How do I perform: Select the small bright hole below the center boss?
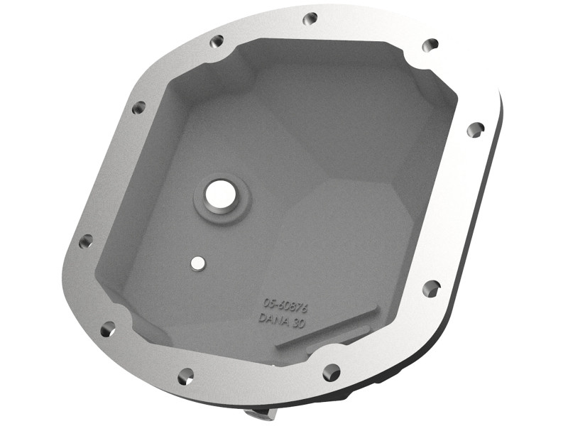pos(197,263)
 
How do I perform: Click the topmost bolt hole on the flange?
pos(310,19)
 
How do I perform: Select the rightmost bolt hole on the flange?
pos(476,129)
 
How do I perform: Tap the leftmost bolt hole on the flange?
pos(84,241)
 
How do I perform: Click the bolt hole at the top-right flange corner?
pos(430,45)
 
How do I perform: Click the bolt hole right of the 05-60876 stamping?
pos(430,288)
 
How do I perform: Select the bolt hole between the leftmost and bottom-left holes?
pos(107,328)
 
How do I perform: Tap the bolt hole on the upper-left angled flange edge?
pos(138,107)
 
